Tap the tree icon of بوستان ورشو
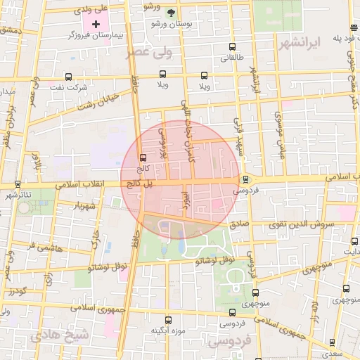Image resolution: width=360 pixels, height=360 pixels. [x=171, y=13]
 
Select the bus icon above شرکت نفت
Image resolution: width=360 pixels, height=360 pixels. [x=68, y=77]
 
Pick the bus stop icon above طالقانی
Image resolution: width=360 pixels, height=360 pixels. [x=233, y=49]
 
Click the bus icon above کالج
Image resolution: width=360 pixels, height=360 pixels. [x=143, y=157]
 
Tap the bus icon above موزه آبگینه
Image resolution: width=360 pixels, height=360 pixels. [x=167, y=320]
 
